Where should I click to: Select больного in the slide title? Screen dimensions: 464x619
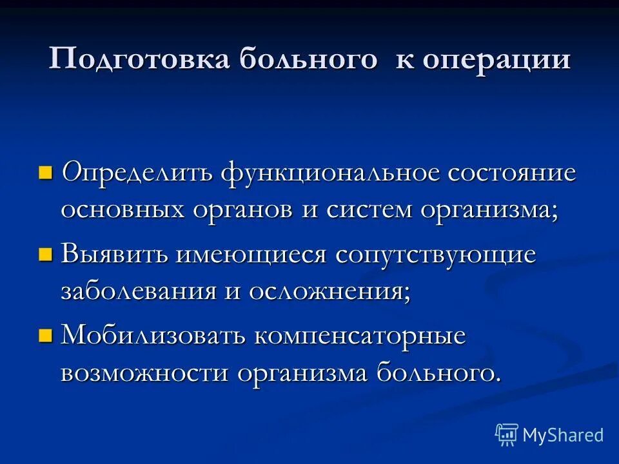pos(308,59)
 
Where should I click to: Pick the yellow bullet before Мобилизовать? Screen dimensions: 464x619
pos(44,335)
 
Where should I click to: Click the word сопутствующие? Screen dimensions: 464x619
pos(435,255)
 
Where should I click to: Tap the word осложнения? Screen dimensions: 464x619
pos(326,291)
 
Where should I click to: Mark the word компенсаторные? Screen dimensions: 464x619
pos(359,336)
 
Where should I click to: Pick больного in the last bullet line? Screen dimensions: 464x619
pos(437,372)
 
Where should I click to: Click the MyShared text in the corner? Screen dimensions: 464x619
pos(562,435)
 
